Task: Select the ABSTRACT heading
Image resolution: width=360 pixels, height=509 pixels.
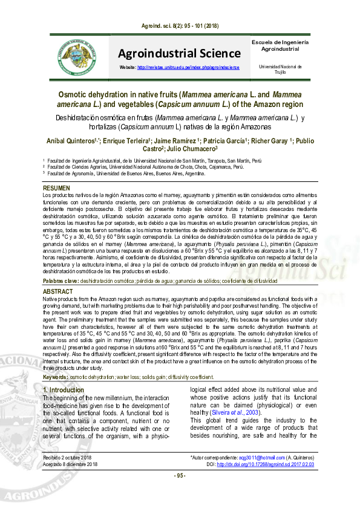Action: coord(57,291)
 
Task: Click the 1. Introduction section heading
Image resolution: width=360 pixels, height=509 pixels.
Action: coord(64,390)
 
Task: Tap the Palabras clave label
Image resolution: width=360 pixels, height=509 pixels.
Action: coord(61,282)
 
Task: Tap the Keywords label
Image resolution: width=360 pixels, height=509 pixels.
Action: coord(56,377)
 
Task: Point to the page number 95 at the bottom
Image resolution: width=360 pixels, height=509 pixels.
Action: coord(180,492)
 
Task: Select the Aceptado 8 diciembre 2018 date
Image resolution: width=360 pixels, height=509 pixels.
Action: coord(70,481)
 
